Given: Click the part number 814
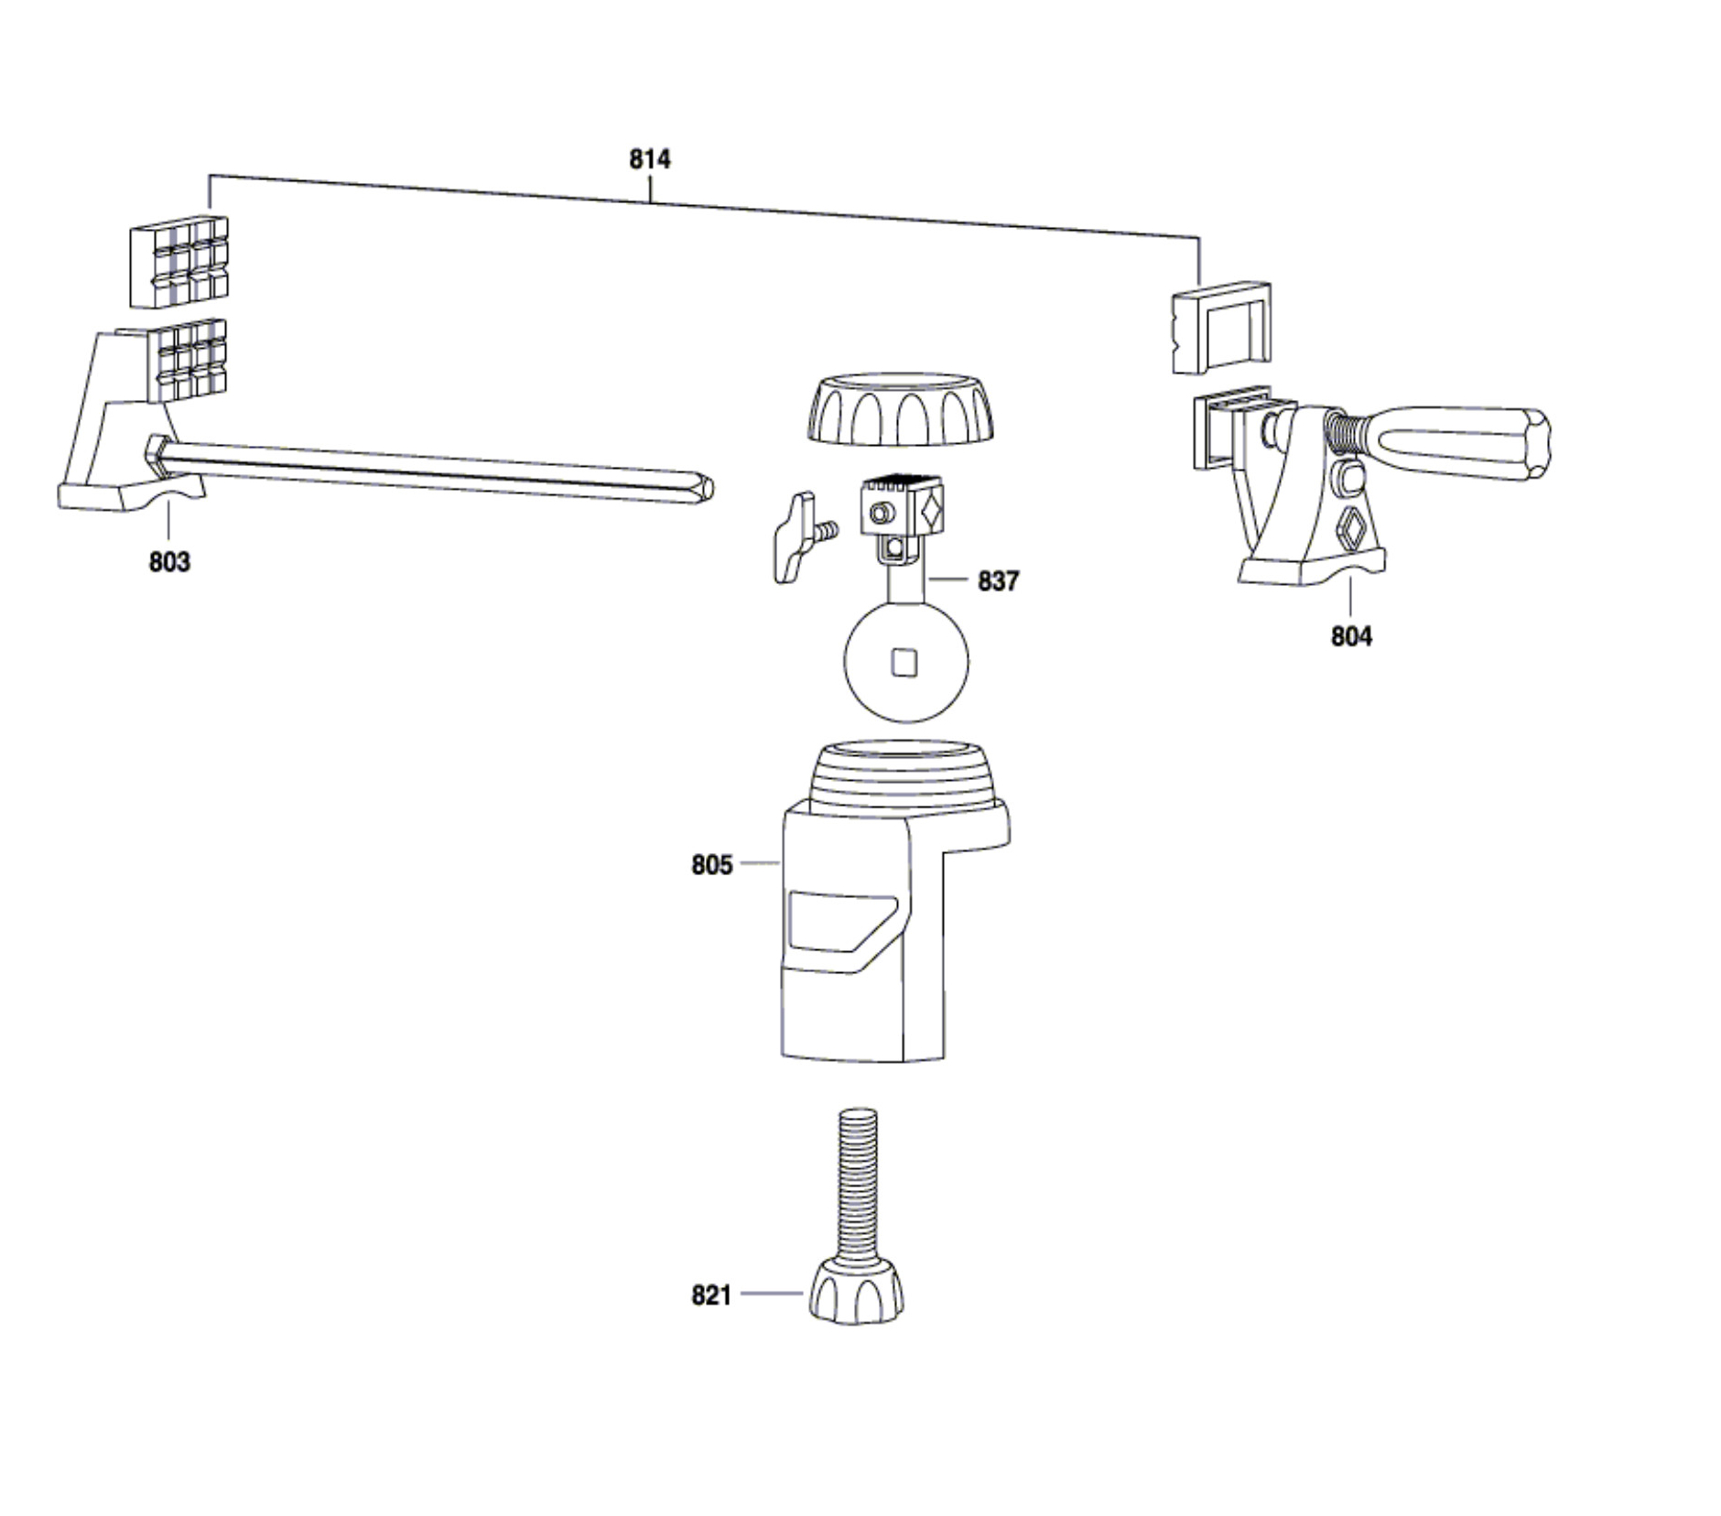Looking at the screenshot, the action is [x=649, y=159].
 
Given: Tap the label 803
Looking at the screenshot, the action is [x=169, y=561].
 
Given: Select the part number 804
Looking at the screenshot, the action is [x=1351, y=635].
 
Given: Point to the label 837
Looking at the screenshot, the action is [x=998, y=580].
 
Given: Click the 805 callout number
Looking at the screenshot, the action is [x=711, y=864].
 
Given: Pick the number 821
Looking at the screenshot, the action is [x=711, y=1295].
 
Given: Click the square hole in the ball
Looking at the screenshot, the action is [x=904, y=662].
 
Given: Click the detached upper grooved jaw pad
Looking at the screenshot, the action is [x=179, y=262].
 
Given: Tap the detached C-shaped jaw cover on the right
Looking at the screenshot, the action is [x=1221, y=327].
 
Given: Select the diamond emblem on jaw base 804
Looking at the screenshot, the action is [x=1352, y=530].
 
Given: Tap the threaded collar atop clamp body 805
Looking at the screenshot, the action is [x=899, y=779].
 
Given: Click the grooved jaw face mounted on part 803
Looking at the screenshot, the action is [x=187, y=361].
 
